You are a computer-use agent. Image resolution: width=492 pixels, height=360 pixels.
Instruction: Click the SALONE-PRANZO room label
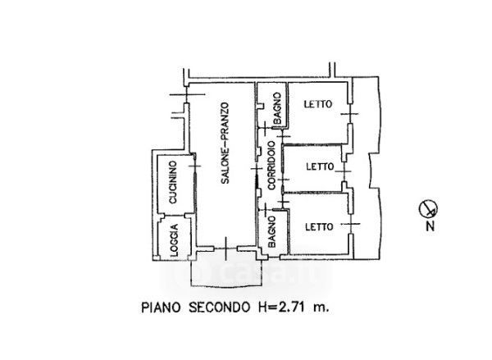[225, 144]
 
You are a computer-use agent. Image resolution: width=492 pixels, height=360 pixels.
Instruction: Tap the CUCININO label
[173, 182]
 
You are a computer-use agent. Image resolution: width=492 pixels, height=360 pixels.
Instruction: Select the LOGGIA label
[174, 240]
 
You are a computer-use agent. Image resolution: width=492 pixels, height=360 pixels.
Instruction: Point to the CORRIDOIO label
[271, 166]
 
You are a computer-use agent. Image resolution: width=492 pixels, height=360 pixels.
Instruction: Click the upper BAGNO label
[277, 108]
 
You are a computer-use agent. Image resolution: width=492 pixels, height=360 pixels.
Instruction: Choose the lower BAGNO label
[271, 231]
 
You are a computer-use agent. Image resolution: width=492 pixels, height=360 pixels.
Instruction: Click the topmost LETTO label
[318, 104]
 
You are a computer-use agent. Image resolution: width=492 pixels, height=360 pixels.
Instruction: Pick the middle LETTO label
[320, 166]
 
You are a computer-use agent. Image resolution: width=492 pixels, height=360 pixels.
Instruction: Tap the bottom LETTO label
[320, 226]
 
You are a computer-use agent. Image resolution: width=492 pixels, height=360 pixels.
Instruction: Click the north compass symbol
[428, 209]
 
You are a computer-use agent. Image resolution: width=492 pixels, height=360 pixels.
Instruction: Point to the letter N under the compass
[430, 226]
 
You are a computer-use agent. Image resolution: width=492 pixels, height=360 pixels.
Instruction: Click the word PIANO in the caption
[162, 308]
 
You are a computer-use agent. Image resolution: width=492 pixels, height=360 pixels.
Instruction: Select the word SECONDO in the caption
[220, 308]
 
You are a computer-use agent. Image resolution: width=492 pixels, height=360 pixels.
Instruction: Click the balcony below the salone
[226, 272]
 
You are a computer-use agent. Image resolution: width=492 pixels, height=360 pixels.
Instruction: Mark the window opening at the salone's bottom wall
[226, 248]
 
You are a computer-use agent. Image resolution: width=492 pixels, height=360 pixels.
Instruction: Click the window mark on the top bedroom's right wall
[350, 114]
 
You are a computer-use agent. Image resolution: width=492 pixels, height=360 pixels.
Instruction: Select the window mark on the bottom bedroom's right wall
[350, 224]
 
